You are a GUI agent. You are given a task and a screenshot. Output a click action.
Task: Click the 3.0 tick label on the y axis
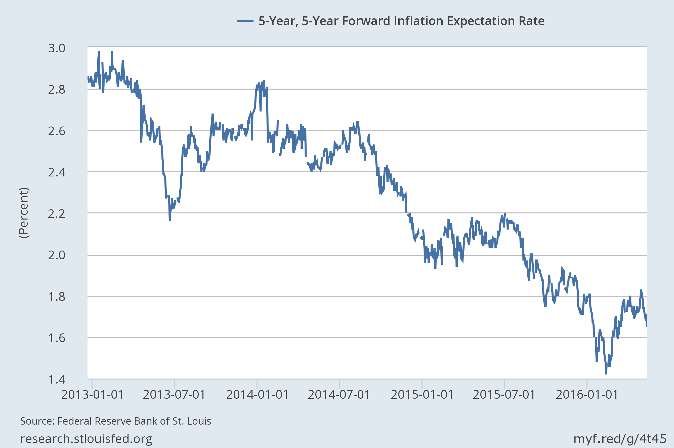[x=57, y=48]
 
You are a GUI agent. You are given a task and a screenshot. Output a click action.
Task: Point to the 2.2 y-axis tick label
[x=57, y=214]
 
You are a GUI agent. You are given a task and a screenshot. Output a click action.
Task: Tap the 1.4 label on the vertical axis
[x=57, y=380]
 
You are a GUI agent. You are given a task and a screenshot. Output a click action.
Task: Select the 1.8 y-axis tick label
[x=57, y=297]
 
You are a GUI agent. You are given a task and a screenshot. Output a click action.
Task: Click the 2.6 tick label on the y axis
[x=57, y=131]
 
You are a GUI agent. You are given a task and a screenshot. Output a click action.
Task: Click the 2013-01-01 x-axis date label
[x=92, y=395]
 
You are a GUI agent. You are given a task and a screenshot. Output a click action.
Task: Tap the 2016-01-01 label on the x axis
[x=587, y=395]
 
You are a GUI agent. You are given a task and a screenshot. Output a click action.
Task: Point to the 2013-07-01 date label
[x=174, y=395]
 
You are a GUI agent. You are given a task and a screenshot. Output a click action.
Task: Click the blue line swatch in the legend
[x=245, y=21]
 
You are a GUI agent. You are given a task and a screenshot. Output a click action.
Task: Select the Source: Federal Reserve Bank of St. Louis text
[x=116, y=421]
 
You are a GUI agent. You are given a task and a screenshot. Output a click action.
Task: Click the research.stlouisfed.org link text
[x=86, y=439]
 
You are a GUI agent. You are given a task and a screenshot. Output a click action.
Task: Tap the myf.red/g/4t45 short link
[x=620, y=439]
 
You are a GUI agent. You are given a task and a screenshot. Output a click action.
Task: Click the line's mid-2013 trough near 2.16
[x=170, y=220]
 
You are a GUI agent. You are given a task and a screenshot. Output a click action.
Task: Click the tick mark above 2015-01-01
[x=422, y=383]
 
